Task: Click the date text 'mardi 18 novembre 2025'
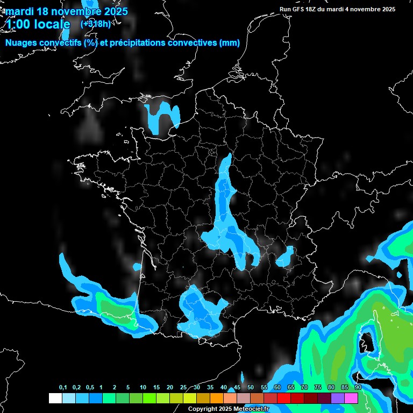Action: (67, 11)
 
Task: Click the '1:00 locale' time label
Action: (38, 24)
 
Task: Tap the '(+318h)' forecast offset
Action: (95, 24)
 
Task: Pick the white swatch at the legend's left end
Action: (55, 398)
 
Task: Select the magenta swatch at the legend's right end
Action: (351, 398)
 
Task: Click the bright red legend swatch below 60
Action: (284, 398)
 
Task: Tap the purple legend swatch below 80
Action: (338, 398)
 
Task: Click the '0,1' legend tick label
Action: (63, 388)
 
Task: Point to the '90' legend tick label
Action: (358, 388)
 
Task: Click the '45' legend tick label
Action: (237, 388)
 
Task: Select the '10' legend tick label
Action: (143, 388)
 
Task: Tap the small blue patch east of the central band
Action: (286, 256)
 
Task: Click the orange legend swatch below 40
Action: (217, 398)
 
